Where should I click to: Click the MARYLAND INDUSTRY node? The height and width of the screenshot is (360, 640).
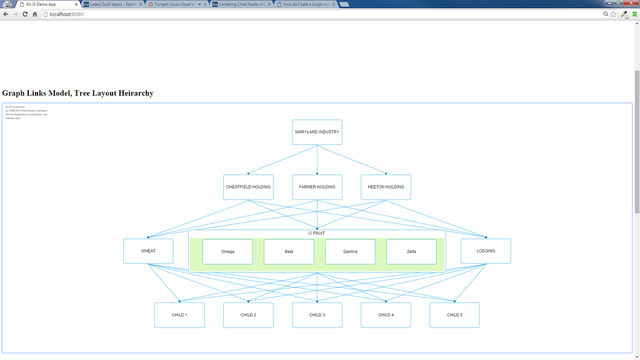[x=317, y=132]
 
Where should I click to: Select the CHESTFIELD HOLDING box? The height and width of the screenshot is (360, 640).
[x=248, y=187]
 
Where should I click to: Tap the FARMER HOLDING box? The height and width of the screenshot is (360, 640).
[x=317, y=187]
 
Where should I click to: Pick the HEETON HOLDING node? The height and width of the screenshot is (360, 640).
[x=386, y=187]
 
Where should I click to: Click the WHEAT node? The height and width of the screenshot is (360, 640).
[x=148, y=251]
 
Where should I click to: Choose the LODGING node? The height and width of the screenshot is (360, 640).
[x=486, y=251]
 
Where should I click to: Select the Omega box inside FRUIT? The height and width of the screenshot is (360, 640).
[x=227, y=251]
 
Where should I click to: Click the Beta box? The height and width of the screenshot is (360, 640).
[x=289, y=251]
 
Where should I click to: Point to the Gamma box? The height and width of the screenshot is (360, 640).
[x=350, y=251]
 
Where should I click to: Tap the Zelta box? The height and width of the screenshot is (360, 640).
[x=411, y=251]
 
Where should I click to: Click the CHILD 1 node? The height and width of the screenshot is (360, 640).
[x=179, y=315]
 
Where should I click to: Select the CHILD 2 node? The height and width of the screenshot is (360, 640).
[x=248, y=315]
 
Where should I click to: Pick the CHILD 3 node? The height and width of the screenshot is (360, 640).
[x=317, y=315]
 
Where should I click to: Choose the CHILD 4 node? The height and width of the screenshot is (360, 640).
[x=386, y=315]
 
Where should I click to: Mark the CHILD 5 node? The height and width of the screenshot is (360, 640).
[x=454, y=315]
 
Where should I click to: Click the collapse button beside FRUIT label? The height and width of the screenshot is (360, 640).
[x=310, y=233]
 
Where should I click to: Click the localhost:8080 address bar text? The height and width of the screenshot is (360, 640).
[x=66, y=14]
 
